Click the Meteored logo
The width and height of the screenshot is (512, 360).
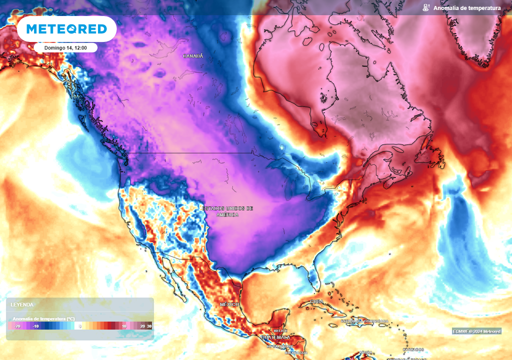[x=66, y=29]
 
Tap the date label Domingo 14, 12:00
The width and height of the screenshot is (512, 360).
[x=65, y=47]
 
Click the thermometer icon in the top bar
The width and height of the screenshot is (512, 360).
[x=425, y=8]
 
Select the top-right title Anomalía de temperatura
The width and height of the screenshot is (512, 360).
[x=467, y=8]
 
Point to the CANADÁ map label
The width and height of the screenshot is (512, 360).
[x=193, y=56]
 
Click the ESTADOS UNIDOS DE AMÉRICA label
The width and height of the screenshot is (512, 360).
[x=227, y=211]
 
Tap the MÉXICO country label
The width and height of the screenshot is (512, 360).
[x=229, y=304]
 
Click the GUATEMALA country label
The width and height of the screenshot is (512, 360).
[x=275, y=338]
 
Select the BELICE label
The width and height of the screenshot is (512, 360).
[x=279, y=331]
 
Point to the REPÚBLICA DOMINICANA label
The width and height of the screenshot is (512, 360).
[x=364, y=320]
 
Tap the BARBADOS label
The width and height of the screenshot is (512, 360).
[x=414, y=349]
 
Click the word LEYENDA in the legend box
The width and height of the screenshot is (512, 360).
[x=23, y=304]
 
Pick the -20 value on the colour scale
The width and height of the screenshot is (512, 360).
[x=17, y=326]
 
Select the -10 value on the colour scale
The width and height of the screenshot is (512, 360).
[x=35, y=326]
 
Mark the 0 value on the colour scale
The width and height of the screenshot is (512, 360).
[x=80, y=326]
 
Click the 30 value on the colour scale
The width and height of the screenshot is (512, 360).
[x=149, y=326]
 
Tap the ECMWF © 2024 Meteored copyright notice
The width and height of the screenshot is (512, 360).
[x=476, y=331]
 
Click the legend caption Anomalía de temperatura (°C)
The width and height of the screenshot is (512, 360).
[x=43, y=318]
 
